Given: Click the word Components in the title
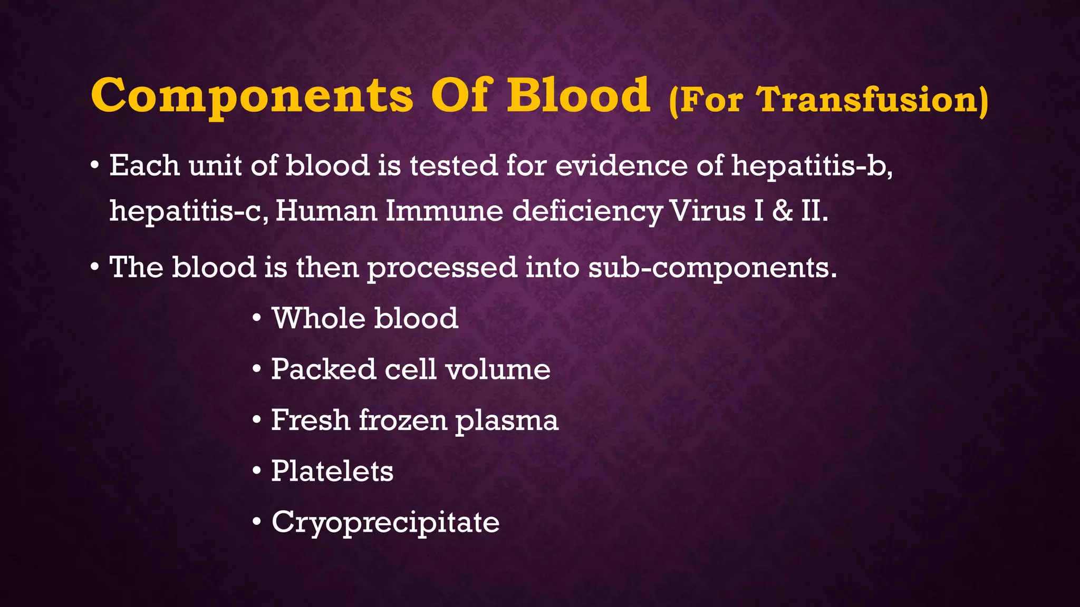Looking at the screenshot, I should coord(252,96).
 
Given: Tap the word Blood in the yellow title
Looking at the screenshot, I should coord(578,96).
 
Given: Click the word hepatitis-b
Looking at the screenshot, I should coord(811,167).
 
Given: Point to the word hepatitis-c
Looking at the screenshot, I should coord(189,212).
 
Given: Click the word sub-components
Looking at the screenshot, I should coord(712,268).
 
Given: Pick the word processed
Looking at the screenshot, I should coord(442,268).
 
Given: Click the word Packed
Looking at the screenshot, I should coord(323,369).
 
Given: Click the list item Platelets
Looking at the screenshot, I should coord(332,471).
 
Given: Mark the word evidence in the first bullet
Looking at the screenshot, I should coord(621,165).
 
